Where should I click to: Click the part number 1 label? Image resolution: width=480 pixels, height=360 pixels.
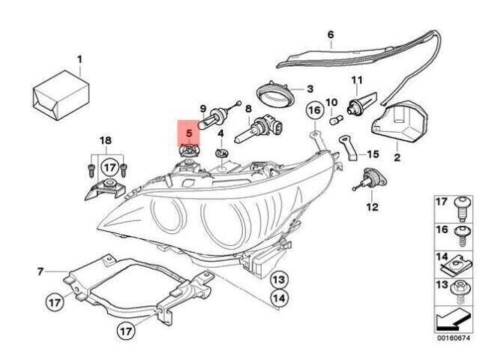[x=80, y=59]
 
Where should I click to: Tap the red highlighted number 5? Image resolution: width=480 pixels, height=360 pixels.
[x=189, y=133]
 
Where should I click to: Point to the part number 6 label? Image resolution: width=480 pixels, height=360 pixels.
[x=331, y=34]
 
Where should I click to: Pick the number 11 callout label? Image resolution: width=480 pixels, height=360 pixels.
[x=356, y=80]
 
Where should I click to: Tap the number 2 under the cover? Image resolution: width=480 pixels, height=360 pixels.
[x=397, y=157]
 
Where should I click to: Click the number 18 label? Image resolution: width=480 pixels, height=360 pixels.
[x=105, y=140]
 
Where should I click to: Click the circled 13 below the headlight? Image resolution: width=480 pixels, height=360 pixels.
[x=277, y=280]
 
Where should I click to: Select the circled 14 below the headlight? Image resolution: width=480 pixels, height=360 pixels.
[x=277, y=298]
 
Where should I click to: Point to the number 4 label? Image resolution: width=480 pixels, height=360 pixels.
[x=221, y=133]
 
